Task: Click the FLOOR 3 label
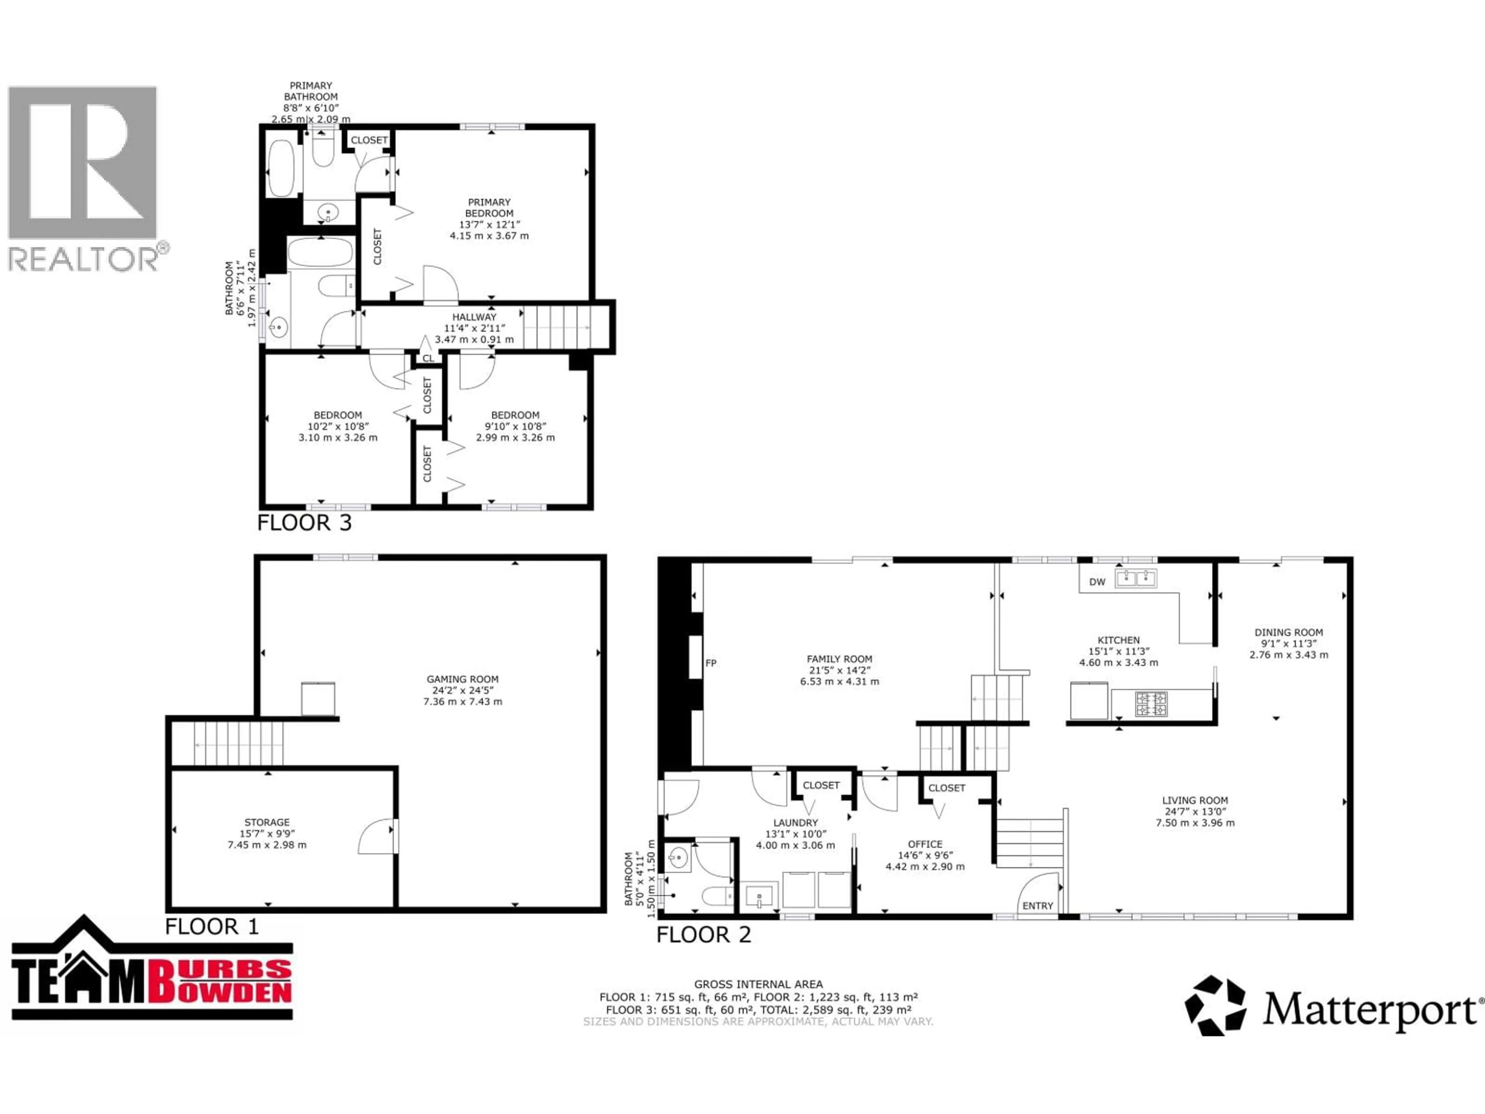coord(304,523)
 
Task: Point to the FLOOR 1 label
coord(212,927)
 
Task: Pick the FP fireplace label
coord(711,663)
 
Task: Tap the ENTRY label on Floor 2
coord(1037,906)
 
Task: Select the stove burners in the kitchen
coord(1150,703)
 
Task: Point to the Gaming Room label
coord(463,679)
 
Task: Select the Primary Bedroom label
coord(490,207)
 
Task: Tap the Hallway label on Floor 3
coord(474,317)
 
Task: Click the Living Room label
coord(1195,800)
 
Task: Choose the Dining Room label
coord(1288,632)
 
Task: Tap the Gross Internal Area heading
coord(758,984)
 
